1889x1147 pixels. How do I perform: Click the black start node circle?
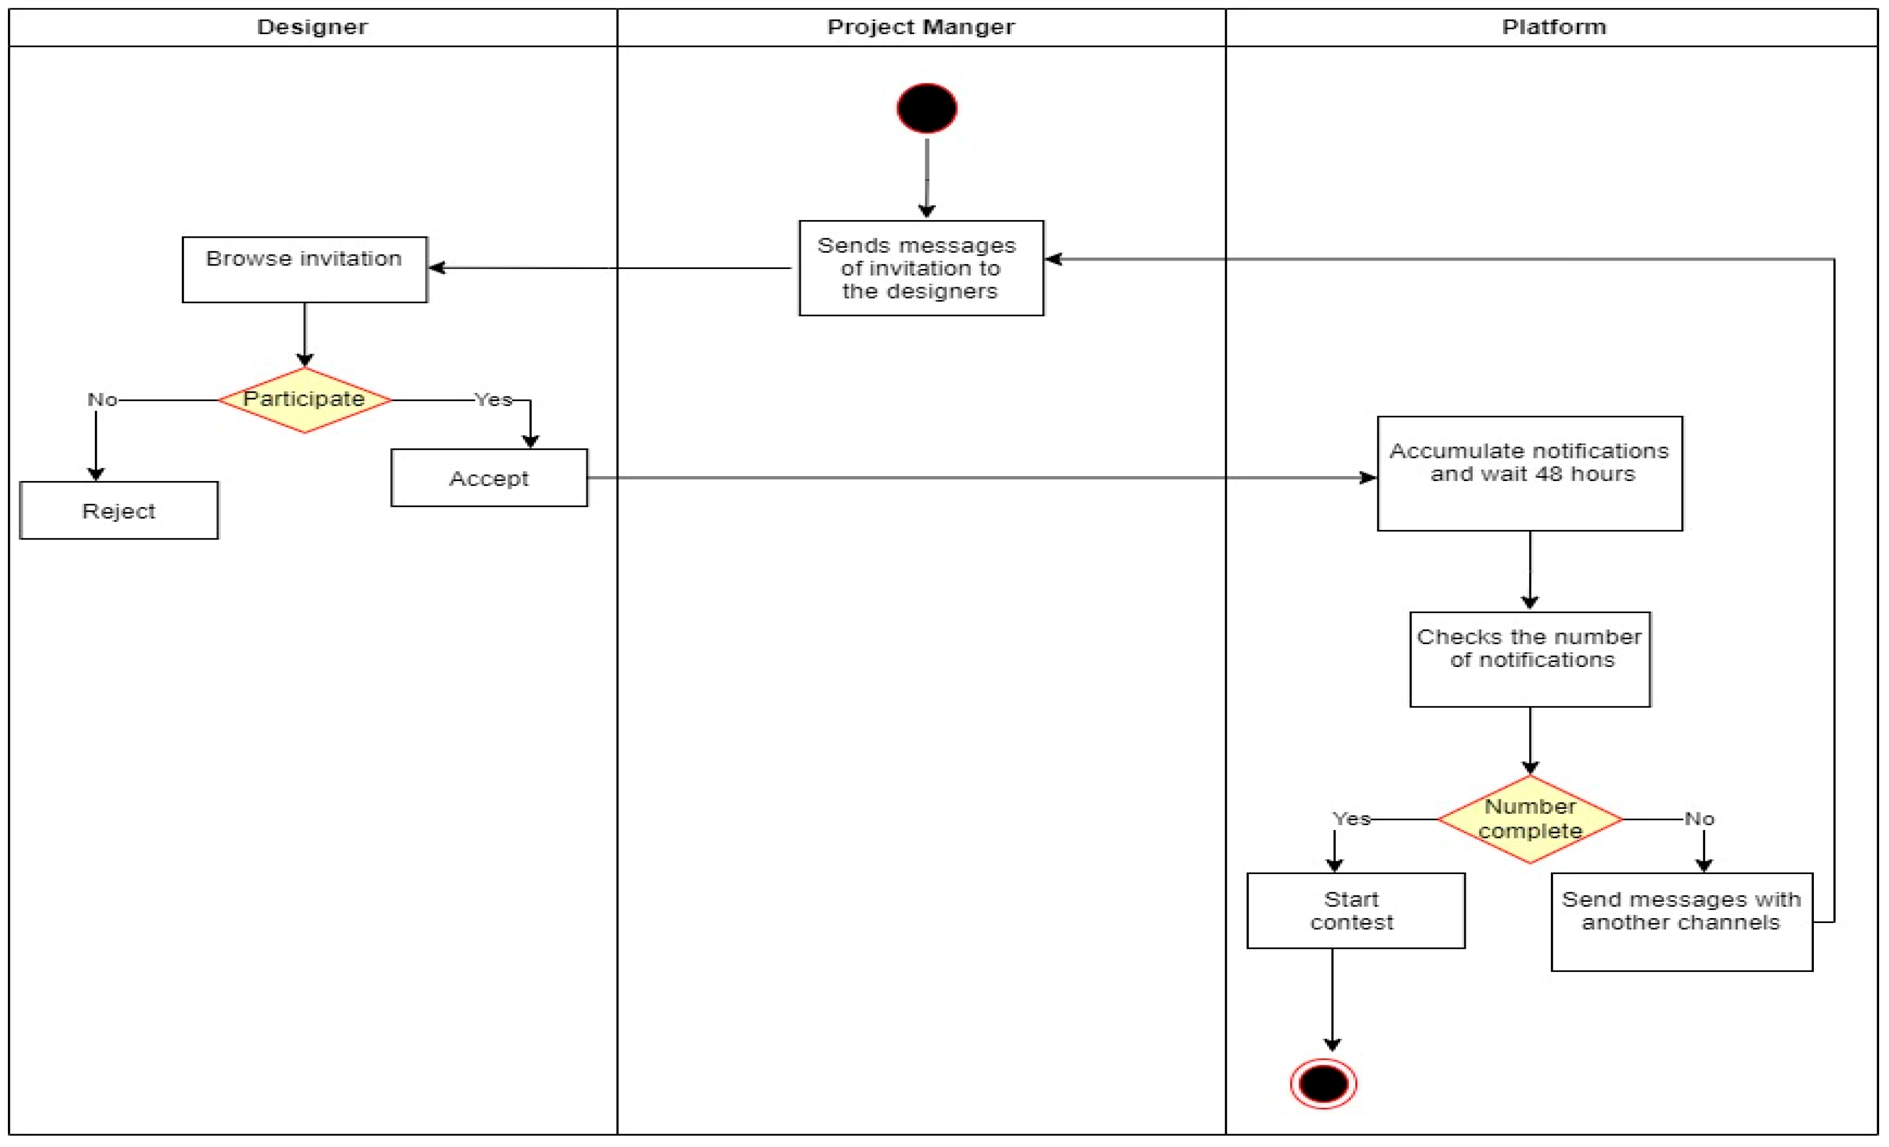click(x=927, y=108)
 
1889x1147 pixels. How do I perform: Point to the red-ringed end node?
click(x=1323, y=1083)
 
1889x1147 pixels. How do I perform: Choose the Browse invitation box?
click(x=304, y=269)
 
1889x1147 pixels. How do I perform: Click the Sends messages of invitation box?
click(x=921, y=268)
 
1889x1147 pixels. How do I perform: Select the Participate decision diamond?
click(x=304, y=399)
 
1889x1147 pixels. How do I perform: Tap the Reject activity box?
click(x=119, y=511)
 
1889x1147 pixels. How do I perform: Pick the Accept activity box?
click(x=489, y=478)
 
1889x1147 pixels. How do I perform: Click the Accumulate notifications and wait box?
click(x=1530, y=473)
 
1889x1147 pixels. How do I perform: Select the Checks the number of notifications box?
click(x=1530, y=659)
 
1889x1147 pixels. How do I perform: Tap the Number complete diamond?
click(x=1530, y=819)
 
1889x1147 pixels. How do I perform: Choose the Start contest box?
click(x=1355, y=910)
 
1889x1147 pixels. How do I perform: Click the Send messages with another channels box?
click(x=1681, y=921)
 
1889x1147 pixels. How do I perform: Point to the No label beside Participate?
click(x=102, y=399)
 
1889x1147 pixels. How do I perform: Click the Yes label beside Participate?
click(x=493, y=399)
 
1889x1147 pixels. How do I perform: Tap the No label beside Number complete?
click(x=1699, y=819)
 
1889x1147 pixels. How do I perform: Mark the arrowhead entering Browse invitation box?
click(x=437, y=267)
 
